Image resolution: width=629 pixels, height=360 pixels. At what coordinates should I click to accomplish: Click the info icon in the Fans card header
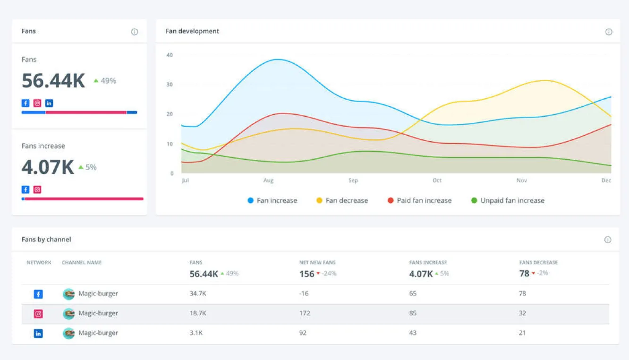click(135, 32)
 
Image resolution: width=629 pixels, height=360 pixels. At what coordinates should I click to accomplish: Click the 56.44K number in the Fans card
click(53, 81)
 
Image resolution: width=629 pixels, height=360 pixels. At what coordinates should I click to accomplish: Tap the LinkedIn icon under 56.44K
click(49, 103)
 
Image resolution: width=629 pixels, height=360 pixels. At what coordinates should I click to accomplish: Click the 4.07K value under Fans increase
click(48, 167)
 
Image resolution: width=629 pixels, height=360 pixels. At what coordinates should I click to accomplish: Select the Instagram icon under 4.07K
click(37, 189)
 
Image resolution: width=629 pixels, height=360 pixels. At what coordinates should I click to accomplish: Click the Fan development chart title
click(192, 31)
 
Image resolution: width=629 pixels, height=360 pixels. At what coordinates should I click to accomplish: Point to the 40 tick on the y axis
click(170, 55)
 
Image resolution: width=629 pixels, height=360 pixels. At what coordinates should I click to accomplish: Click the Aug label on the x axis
click(268, 180)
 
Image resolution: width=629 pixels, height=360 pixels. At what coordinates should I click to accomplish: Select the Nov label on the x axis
click(521, 180)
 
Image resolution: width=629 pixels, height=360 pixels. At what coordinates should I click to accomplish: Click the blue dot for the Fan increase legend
click(251, 200)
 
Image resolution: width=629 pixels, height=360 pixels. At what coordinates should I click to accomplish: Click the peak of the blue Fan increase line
click(278, 60)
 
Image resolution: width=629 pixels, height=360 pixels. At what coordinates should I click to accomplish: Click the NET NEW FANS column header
click(317, 263)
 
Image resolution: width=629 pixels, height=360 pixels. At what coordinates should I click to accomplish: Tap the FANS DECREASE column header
click(538, 263)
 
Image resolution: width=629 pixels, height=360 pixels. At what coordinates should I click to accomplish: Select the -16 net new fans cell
click(304, 293)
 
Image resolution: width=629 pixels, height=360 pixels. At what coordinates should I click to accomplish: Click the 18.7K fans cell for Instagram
click(197, 313)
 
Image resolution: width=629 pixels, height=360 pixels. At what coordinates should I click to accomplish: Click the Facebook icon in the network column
click(38, 294)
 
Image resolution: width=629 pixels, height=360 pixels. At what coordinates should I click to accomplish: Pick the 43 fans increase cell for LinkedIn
click(413, 333)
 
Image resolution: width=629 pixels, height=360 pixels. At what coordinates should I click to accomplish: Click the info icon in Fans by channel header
click(608, 240)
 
